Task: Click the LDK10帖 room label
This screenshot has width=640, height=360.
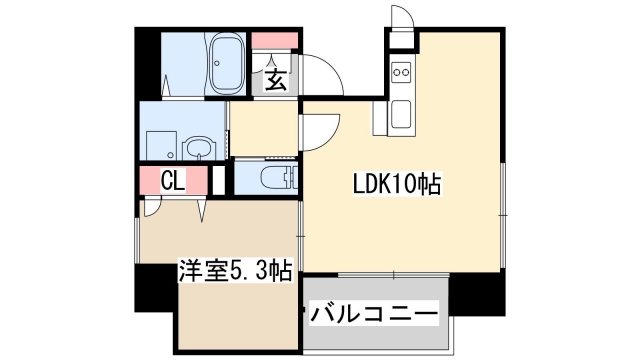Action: [x=397, y=185]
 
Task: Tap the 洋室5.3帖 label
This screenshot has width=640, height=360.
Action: [x=236, y=269]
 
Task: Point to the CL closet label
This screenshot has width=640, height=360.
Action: [x=173, y=182]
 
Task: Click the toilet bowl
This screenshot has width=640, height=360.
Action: [x=275, y=178]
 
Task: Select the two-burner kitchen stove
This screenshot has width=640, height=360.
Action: [x=402, y=72]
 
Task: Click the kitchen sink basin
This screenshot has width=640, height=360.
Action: [x=402, y=114]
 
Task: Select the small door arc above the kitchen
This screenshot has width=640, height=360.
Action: [x=400, y=18]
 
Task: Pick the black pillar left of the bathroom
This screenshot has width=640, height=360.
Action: [x=147, y=64]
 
